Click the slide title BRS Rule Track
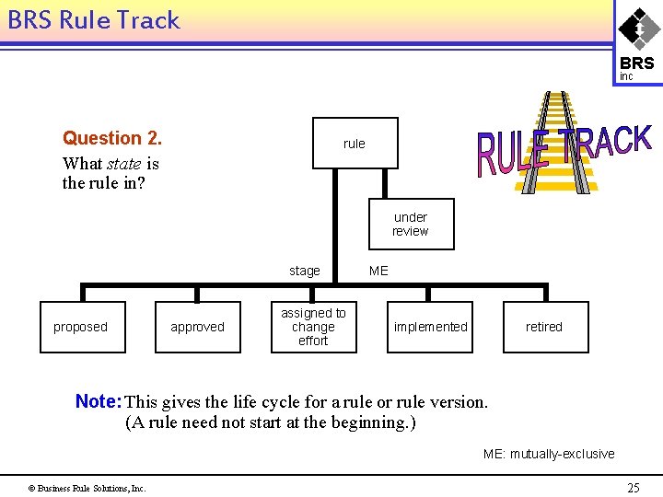coord(93,20)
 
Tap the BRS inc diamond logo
coord(637,41)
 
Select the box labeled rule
coord(355,144)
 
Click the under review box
coord(411,225)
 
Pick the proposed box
coord(81,327)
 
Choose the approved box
coord(197,327)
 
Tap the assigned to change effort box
coord(313,327)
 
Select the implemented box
coord(430,327)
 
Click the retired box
coord(544,327)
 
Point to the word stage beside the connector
coord(305,271)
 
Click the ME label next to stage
coord(378,271)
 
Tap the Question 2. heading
coord(112,138)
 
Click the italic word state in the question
coord(124,164)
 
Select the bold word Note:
coord(99,401)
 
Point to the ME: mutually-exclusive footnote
coord(549,454)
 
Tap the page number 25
coord(633,488)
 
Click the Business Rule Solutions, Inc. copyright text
coord(87,488)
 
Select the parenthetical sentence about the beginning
coord(270,423)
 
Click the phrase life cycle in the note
coord(265,402)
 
